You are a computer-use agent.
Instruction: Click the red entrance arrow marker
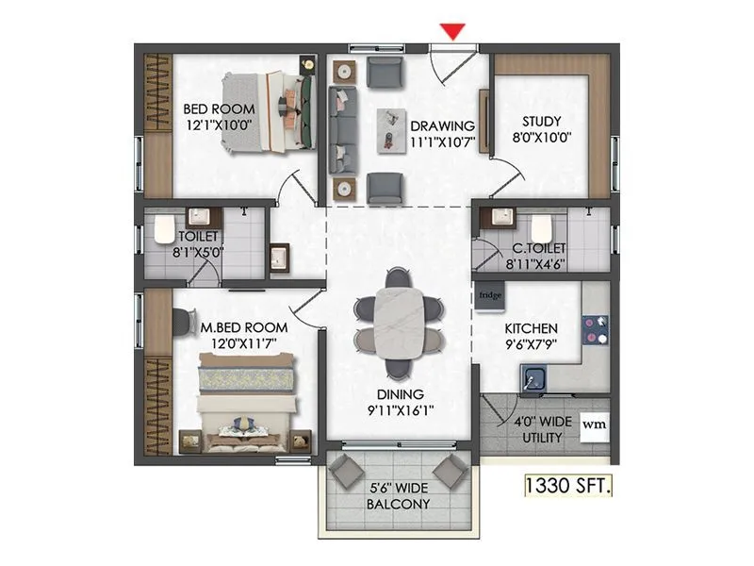[x=454, y=30]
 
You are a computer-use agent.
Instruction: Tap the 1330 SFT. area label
[x=568, y=487]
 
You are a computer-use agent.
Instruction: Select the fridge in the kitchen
[x=490, y=295]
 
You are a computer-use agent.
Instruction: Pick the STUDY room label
[x=542, y=121]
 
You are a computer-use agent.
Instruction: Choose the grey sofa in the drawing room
[x=340, y=129]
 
